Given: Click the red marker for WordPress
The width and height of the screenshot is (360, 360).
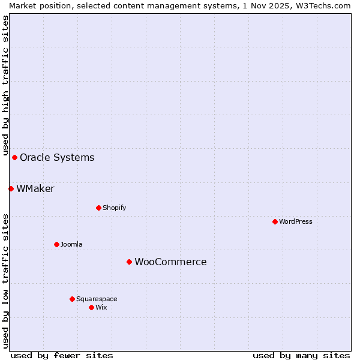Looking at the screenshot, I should point(275,221).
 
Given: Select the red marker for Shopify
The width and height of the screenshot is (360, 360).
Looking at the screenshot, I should point(98,208).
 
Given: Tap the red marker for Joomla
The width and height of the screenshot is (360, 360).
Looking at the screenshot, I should point(56,244).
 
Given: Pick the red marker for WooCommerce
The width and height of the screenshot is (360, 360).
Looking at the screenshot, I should point(129,262).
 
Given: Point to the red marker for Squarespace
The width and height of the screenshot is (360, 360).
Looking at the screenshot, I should point(72,299).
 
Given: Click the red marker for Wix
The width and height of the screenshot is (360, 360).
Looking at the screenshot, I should point(91,307).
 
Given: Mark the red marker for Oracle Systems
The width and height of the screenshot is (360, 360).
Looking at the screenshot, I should point(14,157).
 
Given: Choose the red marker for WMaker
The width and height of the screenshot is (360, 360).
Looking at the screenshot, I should point(11,188).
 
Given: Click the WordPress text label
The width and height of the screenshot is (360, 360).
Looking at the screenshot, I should point(296,221).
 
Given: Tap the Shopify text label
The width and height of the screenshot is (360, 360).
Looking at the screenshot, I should point(114,208).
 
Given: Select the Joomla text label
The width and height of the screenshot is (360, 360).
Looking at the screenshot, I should point(71,244).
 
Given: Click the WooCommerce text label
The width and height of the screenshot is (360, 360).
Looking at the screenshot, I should point(170,262).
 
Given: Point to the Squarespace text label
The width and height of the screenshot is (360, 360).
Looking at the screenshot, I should point(97,299).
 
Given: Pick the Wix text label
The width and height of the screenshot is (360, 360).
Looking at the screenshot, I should point(101,307).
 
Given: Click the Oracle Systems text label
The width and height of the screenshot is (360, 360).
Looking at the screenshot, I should point(57,157).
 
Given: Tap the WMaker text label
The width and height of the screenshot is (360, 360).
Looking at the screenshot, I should point(35,188).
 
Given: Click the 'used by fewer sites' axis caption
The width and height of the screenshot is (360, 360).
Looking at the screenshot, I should point(62,355).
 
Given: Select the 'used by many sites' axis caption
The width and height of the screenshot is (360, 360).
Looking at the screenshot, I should point(301,355).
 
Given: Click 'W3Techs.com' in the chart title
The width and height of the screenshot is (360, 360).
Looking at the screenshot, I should point(326,5).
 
